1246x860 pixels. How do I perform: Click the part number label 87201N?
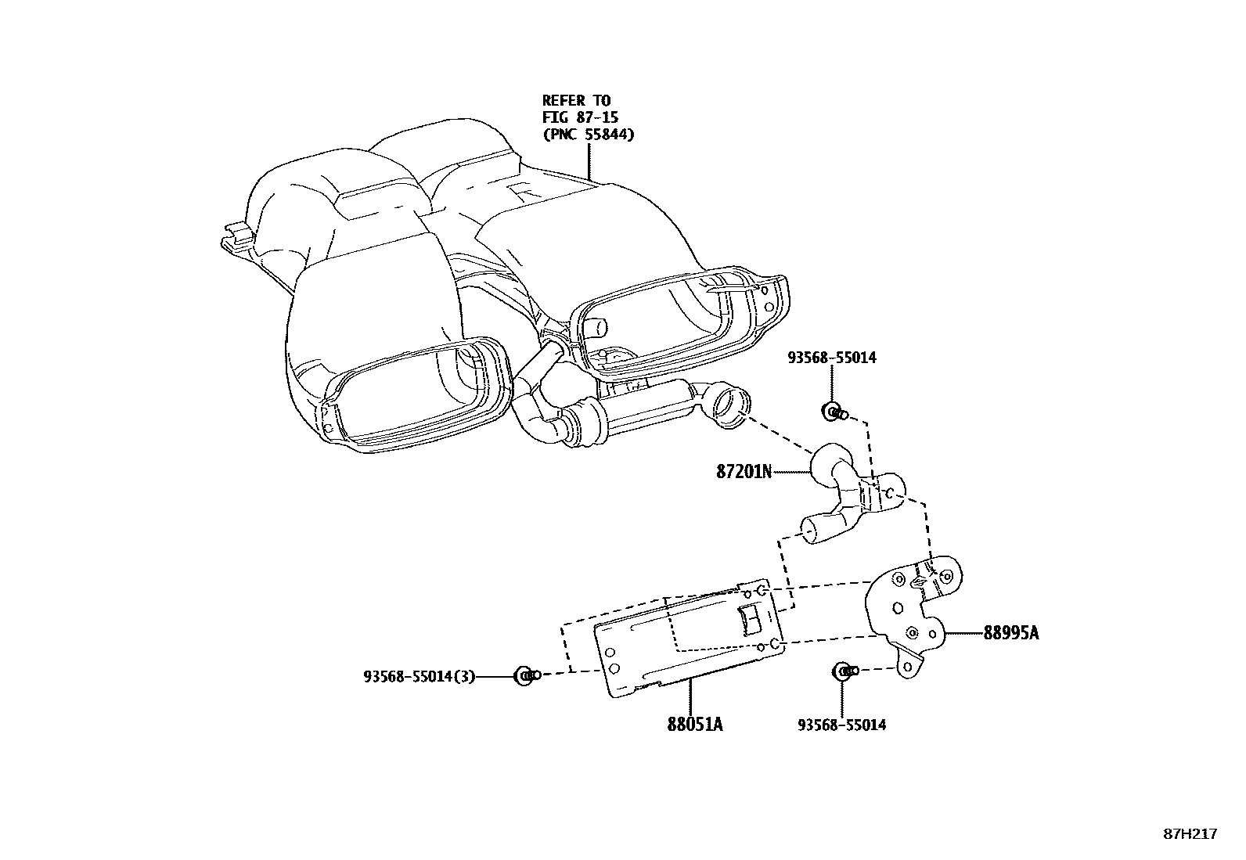click(x=744, y=472)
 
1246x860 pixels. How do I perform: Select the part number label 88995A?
click(x=1011, y=633)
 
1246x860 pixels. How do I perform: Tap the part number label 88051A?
click(x=694, y=725)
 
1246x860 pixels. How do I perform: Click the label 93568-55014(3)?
click(x=419, y=676)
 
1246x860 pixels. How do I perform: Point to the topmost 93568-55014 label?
click(x=832, y=358)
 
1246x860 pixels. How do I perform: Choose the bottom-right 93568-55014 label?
click(x=841, y=725)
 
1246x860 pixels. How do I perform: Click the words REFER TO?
click(x=576, y=100)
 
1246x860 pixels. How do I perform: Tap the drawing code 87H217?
click(x=1190, y=834)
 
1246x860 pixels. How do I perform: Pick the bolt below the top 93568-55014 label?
click(x=832, y=411)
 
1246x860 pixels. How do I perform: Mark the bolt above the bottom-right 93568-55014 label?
click(x=842, y=671)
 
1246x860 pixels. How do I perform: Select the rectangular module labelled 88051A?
click(x=689, y=638)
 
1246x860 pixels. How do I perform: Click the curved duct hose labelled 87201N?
click(x=845, y=489)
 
